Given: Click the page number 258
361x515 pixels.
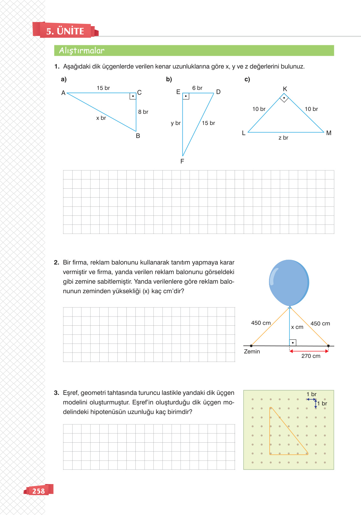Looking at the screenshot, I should (39, 491).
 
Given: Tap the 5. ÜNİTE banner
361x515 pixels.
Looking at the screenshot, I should (65, 31).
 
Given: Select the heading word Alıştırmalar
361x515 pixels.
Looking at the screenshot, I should (82, 51).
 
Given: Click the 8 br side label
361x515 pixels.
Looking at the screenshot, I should (143, 112).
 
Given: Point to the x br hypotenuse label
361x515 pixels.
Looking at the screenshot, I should (101, 118).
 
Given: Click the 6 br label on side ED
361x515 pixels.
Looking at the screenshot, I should (197, 88).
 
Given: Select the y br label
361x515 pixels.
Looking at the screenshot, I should (175, 123).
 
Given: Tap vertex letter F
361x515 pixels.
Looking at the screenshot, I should (182, 161).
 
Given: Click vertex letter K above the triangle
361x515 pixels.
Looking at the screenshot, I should (285, 89).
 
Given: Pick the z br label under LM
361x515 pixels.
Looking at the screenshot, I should (283, 138).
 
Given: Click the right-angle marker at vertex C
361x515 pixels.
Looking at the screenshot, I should (133, 96).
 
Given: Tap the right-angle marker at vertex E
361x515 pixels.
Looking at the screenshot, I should (186, 96).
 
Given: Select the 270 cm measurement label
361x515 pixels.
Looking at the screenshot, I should (311, 356).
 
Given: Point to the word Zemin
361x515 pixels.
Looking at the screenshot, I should (252, 352).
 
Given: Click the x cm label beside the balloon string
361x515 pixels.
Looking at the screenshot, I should (297, 327).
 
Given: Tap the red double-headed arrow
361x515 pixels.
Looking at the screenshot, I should (309, 351).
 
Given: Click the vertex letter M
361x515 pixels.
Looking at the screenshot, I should (329, 133).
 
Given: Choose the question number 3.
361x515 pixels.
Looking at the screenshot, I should (56, 393).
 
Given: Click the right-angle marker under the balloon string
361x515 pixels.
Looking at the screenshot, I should (293, 343).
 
